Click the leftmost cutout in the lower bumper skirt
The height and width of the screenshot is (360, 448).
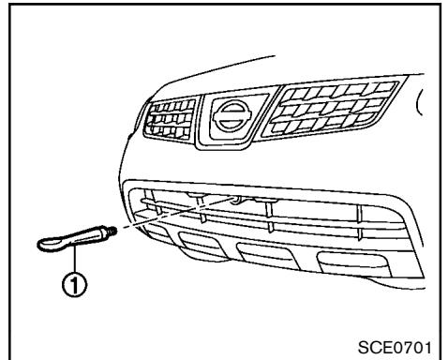201,252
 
